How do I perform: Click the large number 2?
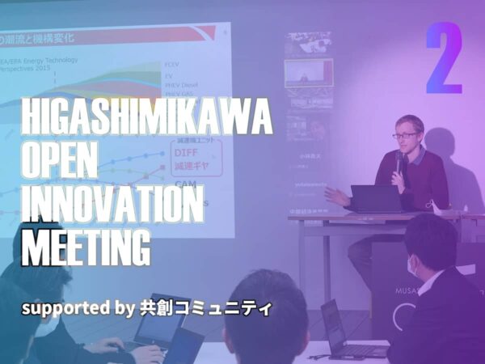click(x=444, y=58)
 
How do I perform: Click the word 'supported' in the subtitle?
click(x=64, y=309)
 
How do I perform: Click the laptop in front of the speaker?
click(x=375, y=198)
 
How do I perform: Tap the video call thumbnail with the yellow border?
click(x=309, y=73)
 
